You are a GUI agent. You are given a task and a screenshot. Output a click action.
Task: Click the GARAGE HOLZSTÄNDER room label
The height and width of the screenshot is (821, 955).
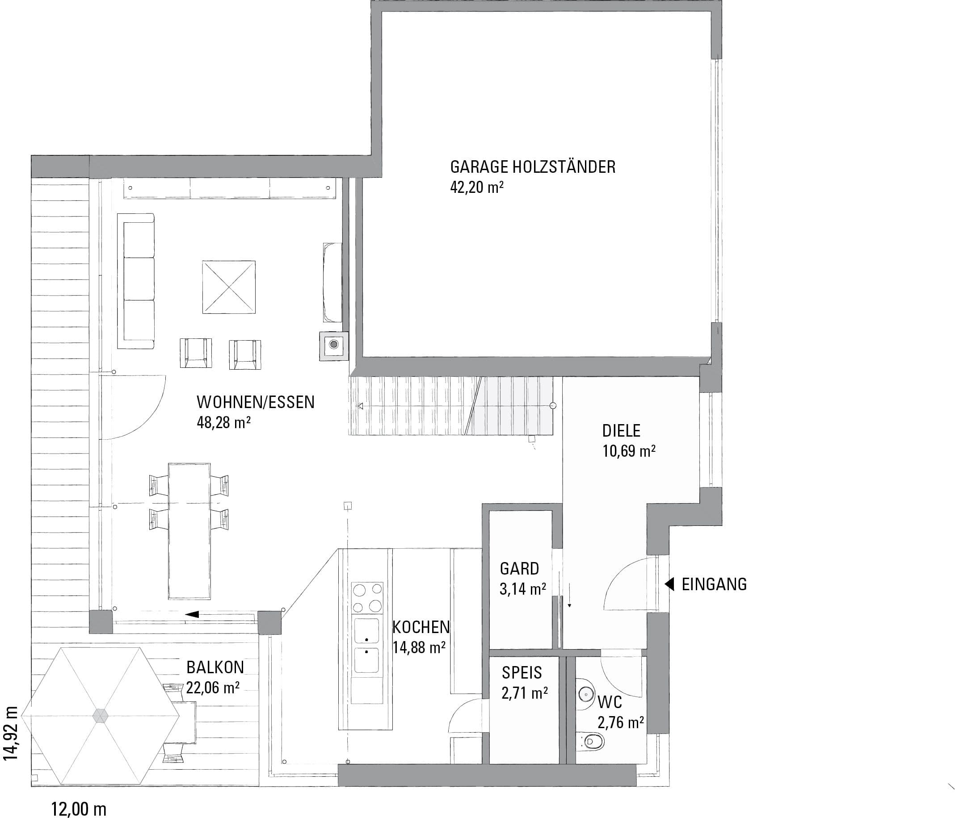tap(533, 167)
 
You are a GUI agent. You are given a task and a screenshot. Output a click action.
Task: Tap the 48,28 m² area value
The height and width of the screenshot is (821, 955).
tap(223, 422)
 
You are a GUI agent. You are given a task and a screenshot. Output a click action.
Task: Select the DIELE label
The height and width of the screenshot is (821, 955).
tap(621, 430)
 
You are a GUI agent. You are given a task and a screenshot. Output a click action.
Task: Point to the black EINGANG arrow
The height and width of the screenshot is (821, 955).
tap(669, 584)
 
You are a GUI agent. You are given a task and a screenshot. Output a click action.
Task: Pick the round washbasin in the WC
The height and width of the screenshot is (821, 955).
tap(585, 692)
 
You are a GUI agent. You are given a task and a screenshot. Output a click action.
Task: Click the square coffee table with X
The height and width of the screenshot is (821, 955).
tap(229, 288)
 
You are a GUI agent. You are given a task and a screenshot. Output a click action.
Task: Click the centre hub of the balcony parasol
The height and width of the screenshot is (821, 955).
tap(100, 716)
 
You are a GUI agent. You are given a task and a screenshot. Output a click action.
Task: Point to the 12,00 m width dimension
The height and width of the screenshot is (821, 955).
tap(79, 808)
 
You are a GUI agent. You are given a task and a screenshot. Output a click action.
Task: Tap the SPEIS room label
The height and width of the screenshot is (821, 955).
tap(522, 673)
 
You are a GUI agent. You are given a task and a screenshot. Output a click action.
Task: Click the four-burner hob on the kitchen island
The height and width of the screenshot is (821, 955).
tap(367, 597)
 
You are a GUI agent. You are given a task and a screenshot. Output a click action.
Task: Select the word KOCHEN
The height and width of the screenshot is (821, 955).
tap(421, 627)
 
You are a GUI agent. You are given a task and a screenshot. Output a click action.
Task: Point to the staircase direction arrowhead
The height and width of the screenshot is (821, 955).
tap(361, 406)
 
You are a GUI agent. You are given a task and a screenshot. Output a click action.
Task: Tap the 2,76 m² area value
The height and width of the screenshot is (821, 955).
tap(621, 722)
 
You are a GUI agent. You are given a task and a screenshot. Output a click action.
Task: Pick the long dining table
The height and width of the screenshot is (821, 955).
tap(189, 531)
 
